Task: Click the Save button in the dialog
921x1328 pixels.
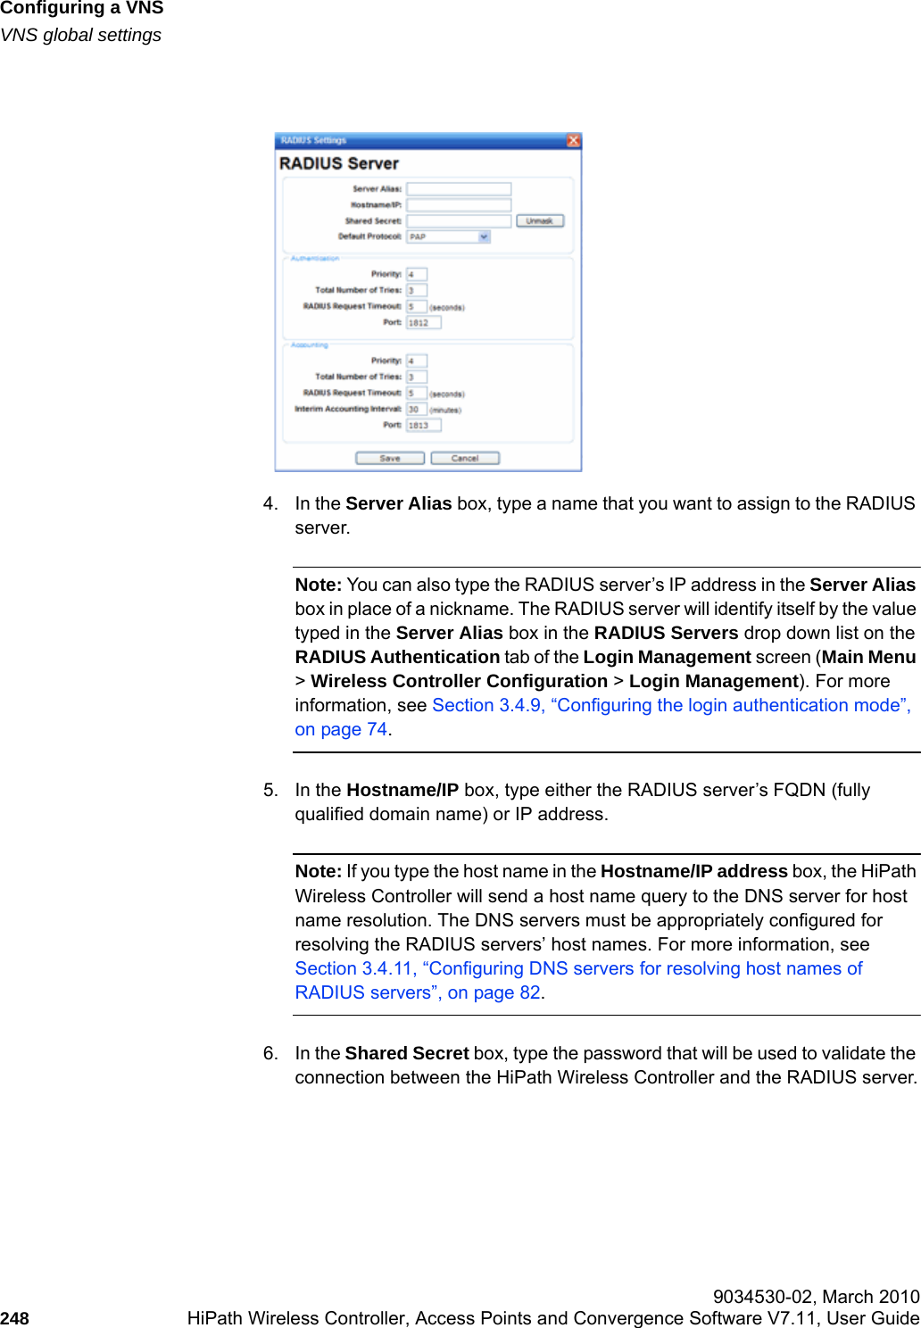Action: pyautogui.click(x=389, y=458)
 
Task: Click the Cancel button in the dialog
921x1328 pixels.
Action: pyautogui.click(x=464, y=458)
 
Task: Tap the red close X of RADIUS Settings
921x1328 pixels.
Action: pyautogui.click(x=573, y=140)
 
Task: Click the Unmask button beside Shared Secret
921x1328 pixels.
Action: pyautogui.click(x=539, y=220)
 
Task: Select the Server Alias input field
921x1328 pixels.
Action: pyautogui.click(x=459, y=189)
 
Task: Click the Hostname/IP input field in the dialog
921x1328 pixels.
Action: pyautogui.click(x=459, y=204)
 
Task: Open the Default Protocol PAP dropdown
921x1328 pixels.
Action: pyautogui.click(x=448, y=237)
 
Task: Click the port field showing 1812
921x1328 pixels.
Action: pyautogui.click(x=423, y=322)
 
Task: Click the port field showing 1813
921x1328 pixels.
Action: pyautogui.click(x=423, y=425)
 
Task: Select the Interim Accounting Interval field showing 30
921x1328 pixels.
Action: pyautogui.click(x=416, y=409)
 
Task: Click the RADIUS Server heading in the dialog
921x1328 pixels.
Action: pyautogui.click(x=339, y=163)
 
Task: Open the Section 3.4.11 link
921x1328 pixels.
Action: pyautogui.click(x=578, y=968)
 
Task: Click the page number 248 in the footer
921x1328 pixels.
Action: pyautogui.click(x=15, y=1318)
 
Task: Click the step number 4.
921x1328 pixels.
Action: pyautogui.click(x=270, y=503)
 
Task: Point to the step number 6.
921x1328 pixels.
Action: pyautogui.click(x=270, y=1053)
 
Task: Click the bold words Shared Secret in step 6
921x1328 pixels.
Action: pyautogui.click(x=407, y=1053)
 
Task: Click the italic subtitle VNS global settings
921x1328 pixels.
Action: pyautogui.click(x=81, y=35)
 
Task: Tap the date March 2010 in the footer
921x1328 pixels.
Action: pyautogui.click(x=870, y=1297)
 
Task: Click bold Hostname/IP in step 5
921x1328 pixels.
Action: pyautogui.click(x=402, y=790)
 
